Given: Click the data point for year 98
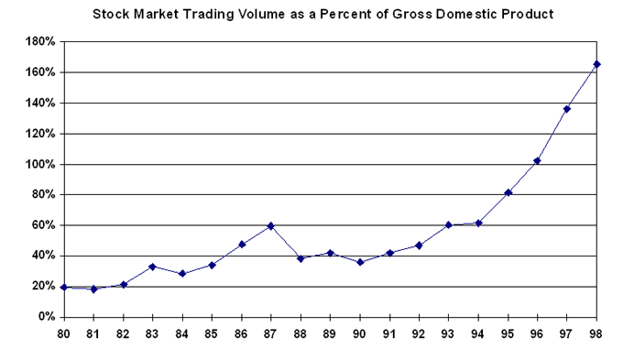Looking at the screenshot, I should [597, 64].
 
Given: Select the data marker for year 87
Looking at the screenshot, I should [271, 225].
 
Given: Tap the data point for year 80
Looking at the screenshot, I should [64, 287].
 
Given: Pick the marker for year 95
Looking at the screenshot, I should [508, 192].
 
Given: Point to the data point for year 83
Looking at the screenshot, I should [153, 267].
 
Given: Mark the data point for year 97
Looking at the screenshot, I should [568, 109].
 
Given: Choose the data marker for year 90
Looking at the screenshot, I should [360, 262].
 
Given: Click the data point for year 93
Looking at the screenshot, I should [449, 224].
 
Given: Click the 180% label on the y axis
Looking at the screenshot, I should [40, 42].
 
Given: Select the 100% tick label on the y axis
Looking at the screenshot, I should [40, 164].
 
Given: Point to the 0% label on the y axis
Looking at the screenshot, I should [46, 317].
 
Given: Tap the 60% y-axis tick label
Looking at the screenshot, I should [43, 225].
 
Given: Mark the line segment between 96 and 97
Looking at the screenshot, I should [552, 135].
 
